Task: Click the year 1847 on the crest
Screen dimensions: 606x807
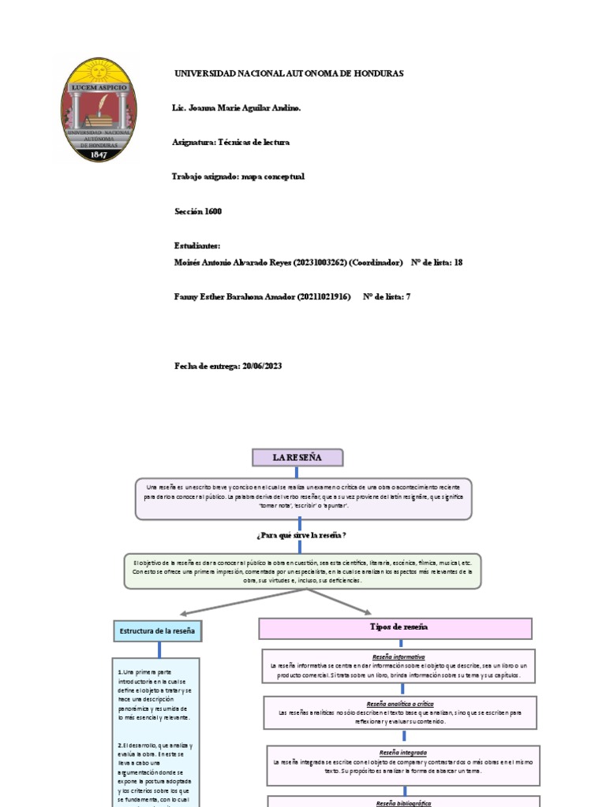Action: click(99, 154)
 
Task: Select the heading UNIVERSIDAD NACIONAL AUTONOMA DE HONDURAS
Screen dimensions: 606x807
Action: click(289, 73)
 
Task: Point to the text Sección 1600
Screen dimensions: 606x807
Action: click(198, 211)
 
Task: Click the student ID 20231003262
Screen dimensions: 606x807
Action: click(320, 262)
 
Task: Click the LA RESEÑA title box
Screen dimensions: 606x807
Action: click(286, 457)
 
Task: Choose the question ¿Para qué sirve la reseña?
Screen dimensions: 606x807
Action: click(302, 535)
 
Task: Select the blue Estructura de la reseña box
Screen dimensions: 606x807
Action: click(159, 631)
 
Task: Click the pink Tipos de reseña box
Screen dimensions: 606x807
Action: click(396, 627)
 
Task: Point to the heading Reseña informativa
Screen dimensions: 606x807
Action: click(398, 656)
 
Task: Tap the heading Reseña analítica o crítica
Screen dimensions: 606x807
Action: click(400, 703)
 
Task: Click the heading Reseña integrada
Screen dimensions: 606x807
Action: click(402, 753)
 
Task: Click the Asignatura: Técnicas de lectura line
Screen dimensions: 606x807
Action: click(230, 143)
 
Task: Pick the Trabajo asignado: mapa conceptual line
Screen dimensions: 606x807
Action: click(238, 177)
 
